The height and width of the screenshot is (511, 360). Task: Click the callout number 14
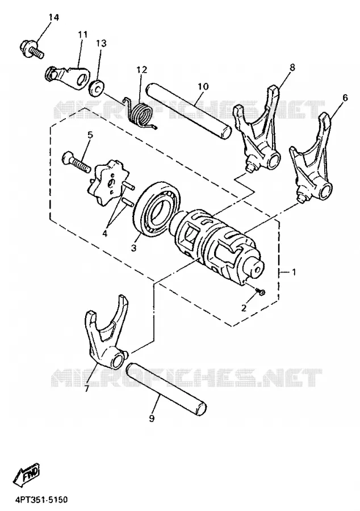[x=54, y=18]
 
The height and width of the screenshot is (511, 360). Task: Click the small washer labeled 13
[x=97, y=87]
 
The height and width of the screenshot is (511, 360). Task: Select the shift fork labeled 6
[x=312, y=157]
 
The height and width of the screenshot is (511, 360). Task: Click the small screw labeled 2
[x=261, y=291]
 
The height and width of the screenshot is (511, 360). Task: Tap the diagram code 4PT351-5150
[x=36, y=500]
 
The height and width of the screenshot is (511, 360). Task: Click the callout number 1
[x=294, y=271]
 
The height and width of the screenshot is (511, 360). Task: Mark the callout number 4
[x=104, y=233]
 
